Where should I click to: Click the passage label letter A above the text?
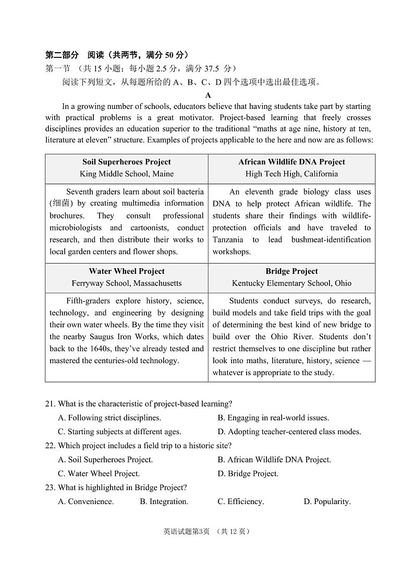208,95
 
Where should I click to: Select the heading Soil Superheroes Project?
126,162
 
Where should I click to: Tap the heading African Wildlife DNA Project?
291,162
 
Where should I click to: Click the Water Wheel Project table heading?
126,271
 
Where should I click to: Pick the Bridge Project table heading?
291,271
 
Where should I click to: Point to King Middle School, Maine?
126,174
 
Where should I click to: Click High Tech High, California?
291,174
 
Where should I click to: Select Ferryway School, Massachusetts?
126,283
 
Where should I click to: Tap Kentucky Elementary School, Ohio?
291,283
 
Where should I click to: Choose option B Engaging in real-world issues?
273,417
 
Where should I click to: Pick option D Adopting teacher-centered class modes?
289,432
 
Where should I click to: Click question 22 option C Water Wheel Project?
99,474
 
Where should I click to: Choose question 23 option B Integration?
164,501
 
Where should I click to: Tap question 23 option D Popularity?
327,501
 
